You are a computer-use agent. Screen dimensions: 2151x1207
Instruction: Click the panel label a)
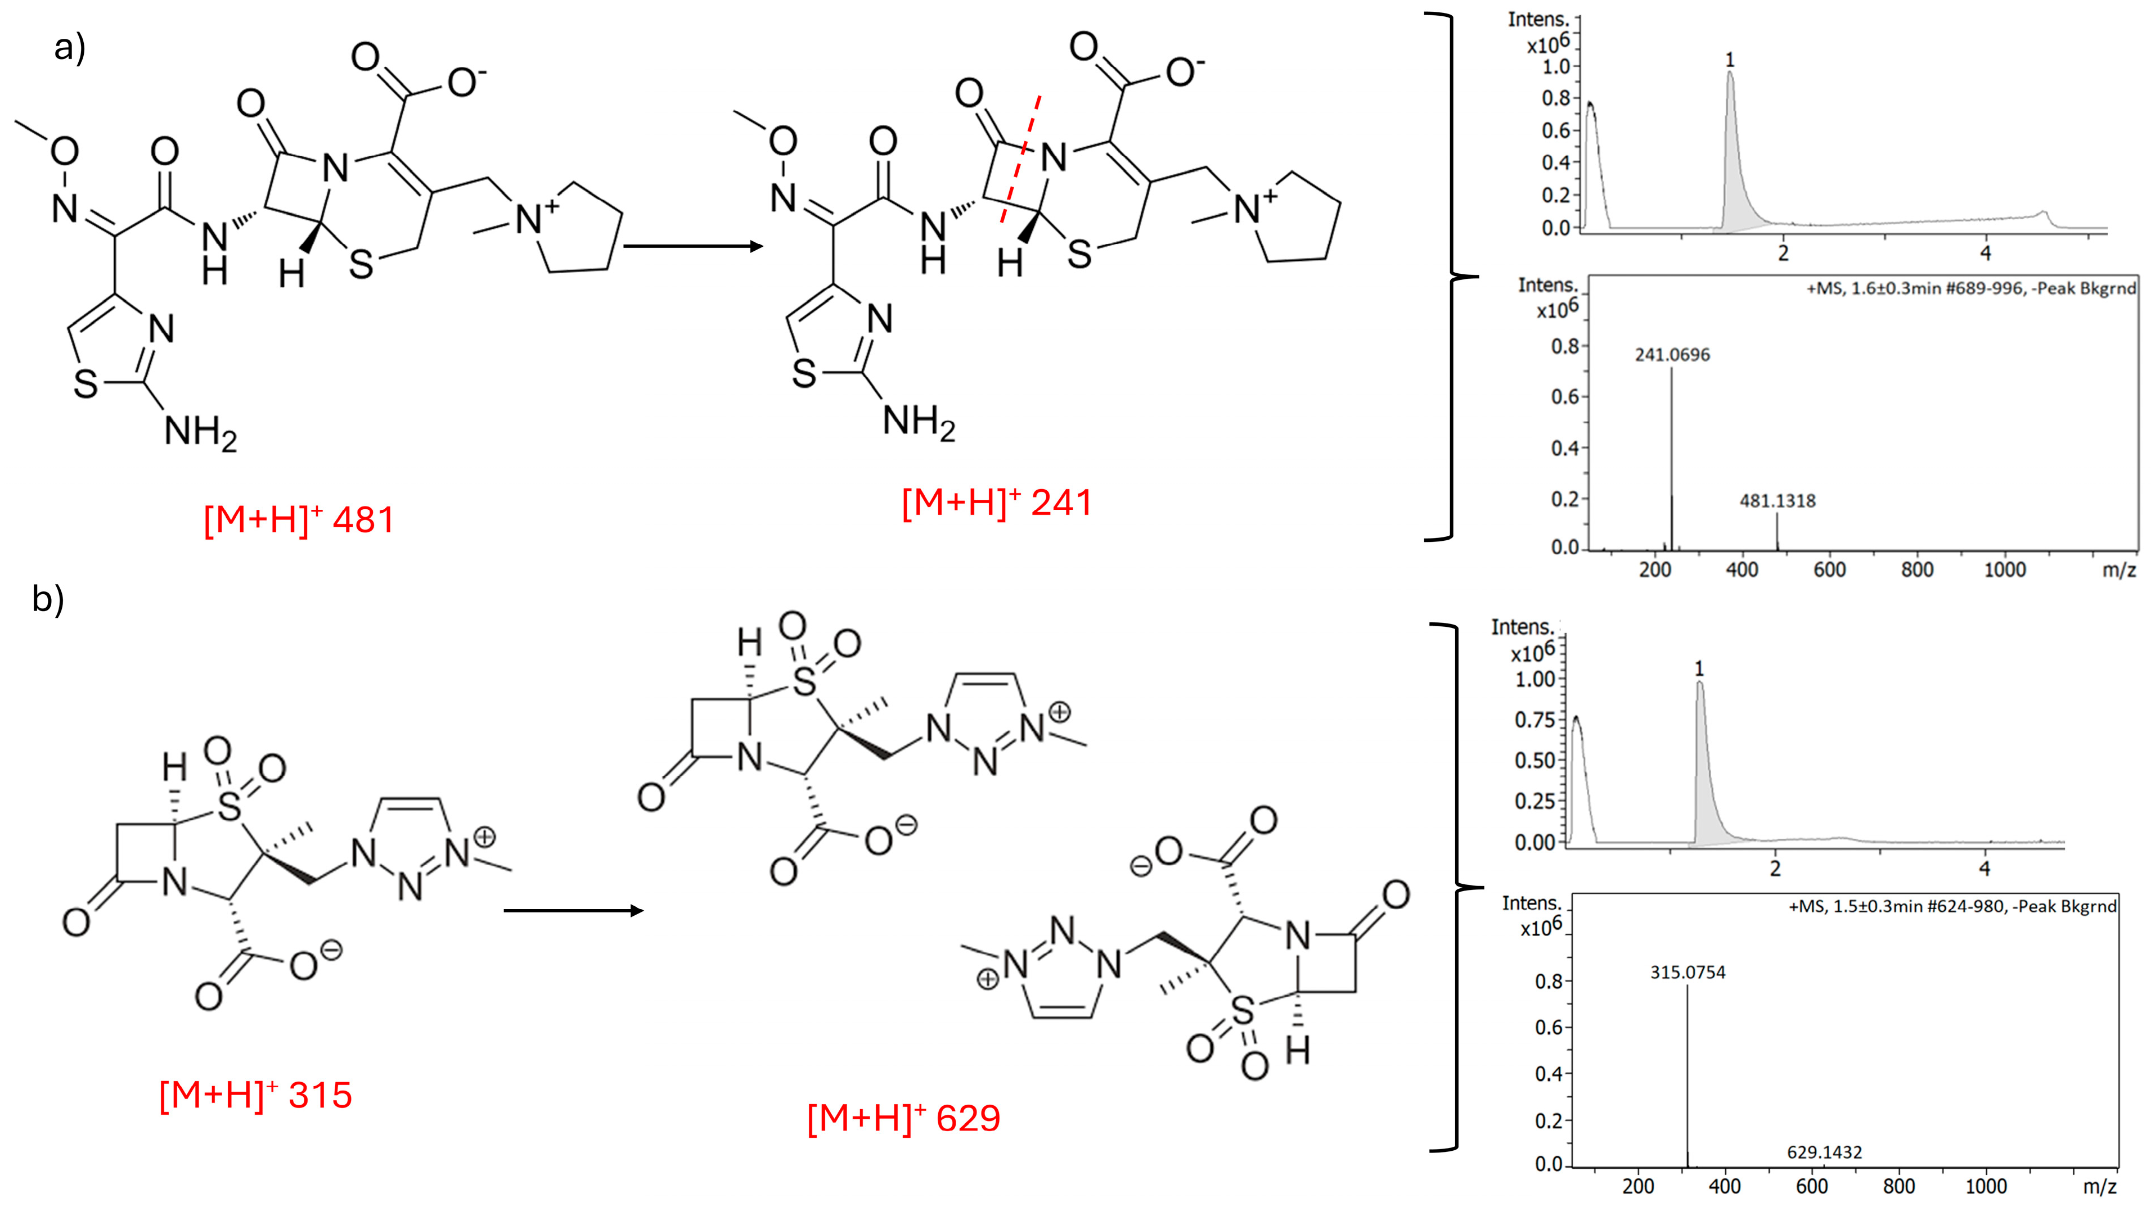point(69,48)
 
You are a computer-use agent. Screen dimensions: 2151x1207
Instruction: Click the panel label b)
point(48,599)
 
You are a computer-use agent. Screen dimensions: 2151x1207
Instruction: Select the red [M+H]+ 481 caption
point(299,519)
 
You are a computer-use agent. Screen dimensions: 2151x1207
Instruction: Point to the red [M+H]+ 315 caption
point(255,1095)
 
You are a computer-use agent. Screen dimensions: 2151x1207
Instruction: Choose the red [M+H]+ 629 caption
point(903,1117)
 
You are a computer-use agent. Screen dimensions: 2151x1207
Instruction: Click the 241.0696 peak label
point(1672,355)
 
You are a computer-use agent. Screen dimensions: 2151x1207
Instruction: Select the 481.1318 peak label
point(1777,501)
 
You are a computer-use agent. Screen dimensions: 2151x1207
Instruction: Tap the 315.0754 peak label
point(1687,971)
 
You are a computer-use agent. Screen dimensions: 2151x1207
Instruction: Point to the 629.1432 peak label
point(1825,1152)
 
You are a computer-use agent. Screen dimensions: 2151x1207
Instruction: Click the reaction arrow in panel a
point(692,246)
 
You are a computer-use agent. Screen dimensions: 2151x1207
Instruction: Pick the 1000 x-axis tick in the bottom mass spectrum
point(1986,1186)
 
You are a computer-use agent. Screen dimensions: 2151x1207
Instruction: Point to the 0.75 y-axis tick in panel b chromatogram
point(1534,720)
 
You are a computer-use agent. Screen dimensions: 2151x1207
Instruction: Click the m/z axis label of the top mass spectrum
point(2118,569)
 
